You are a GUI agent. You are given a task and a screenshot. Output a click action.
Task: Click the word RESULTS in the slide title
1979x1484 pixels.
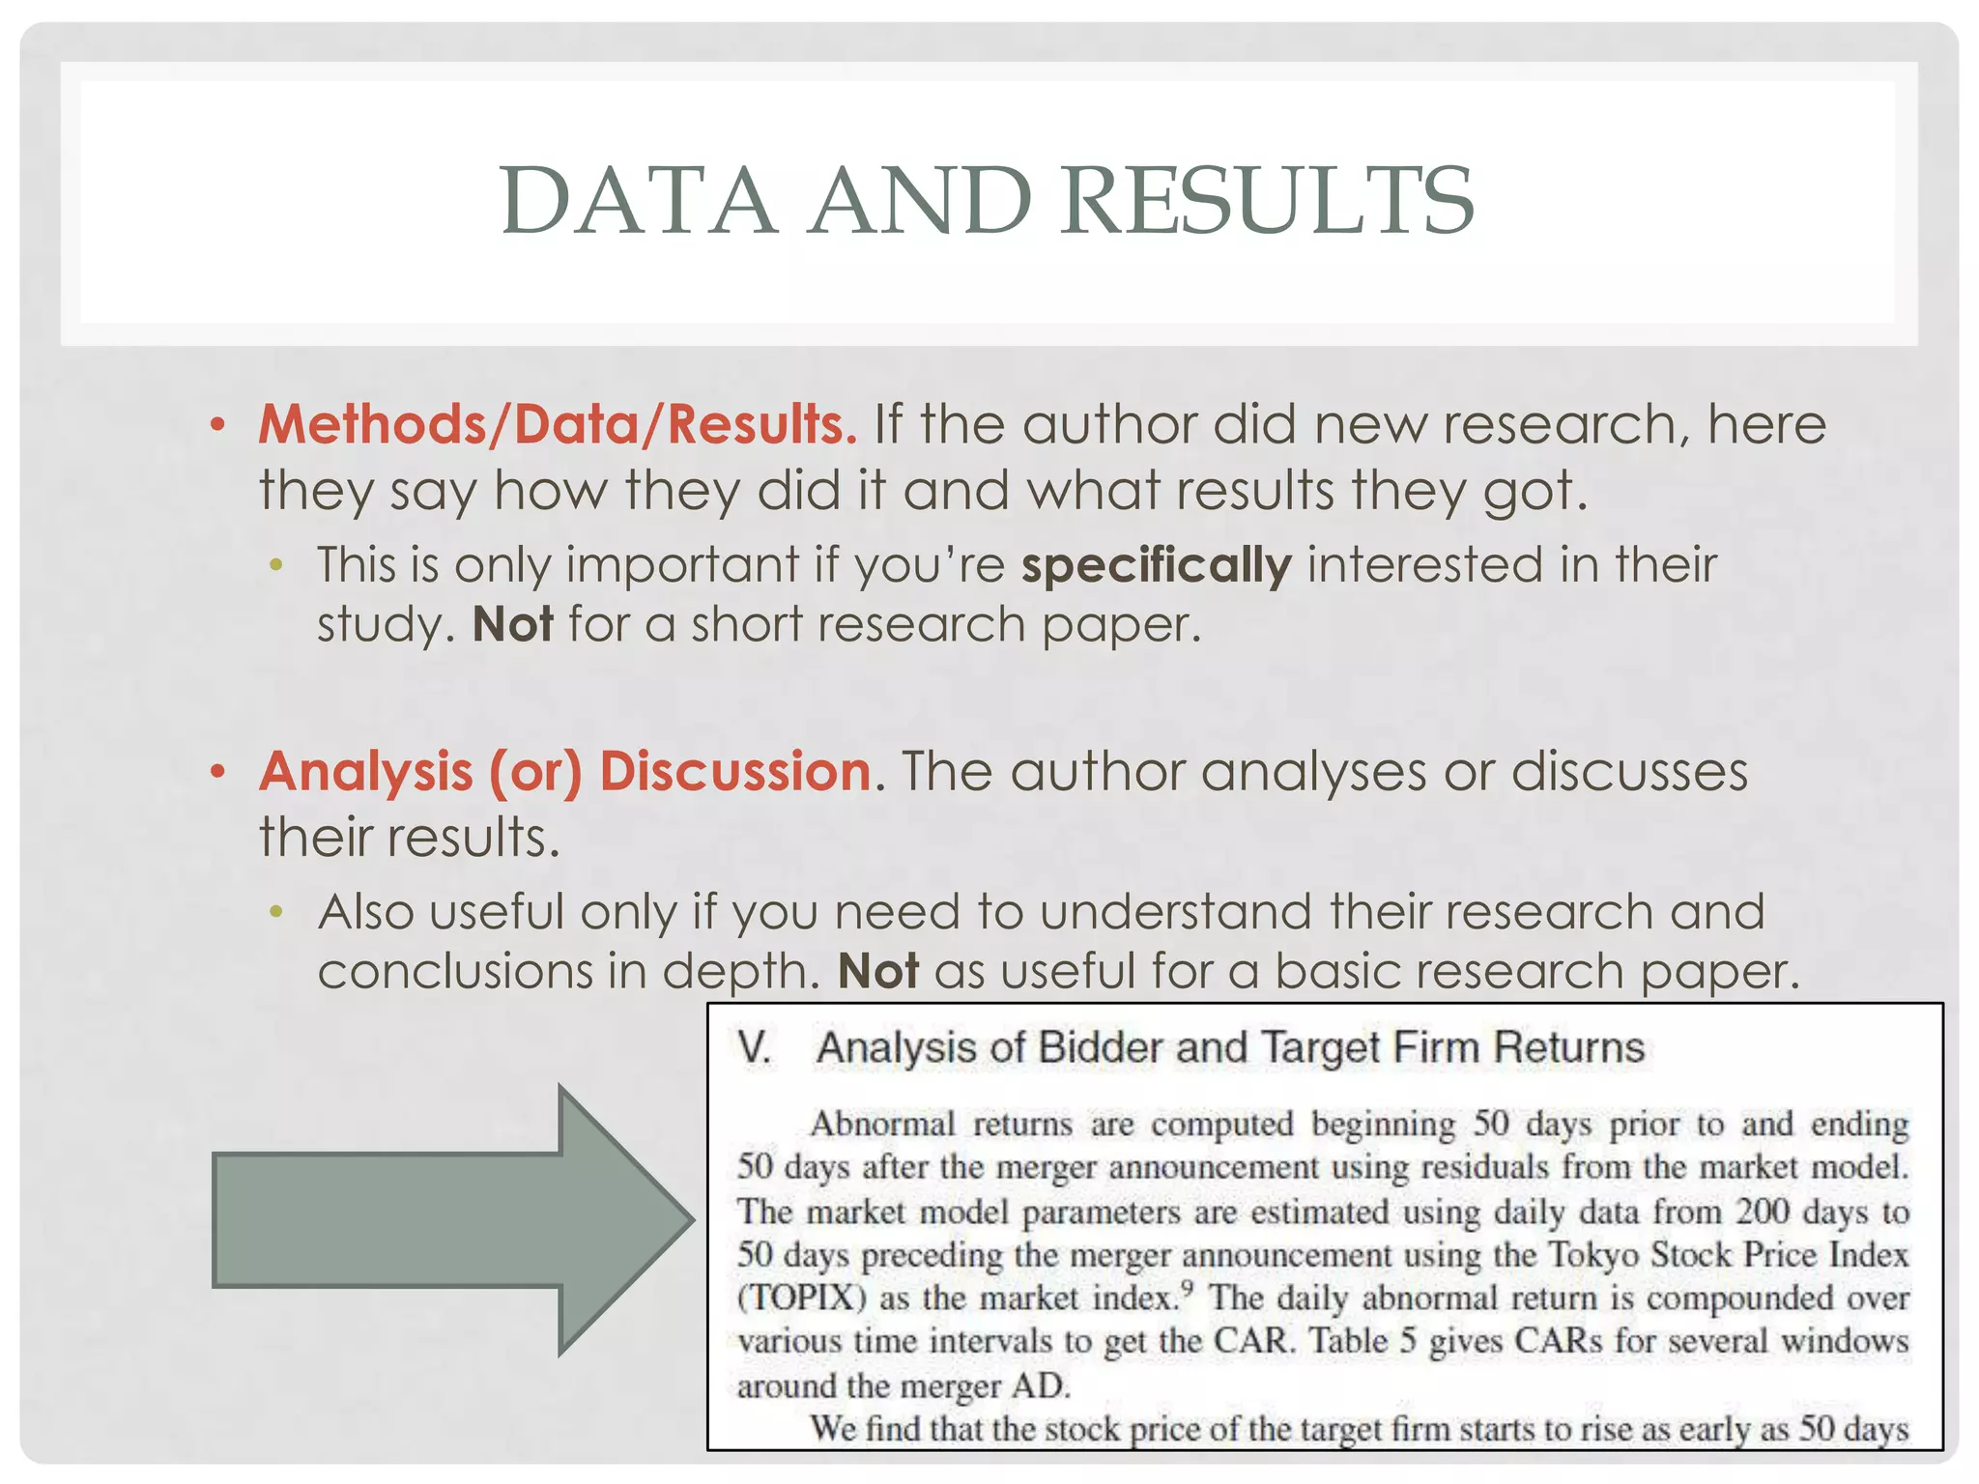tap(1268, 201)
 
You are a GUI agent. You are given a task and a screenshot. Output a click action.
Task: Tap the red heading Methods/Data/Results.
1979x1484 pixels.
tap(558, 424)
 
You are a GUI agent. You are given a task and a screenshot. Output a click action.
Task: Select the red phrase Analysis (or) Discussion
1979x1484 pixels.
tap(565, 771)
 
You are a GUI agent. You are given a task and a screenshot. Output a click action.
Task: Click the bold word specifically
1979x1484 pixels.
tap(1156, 564)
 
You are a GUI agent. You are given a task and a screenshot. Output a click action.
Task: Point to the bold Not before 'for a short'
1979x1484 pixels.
tap(512, 624)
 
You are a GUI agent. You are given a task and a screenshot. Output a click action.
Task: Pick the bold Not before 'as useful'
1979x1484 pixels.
tap(877, 971)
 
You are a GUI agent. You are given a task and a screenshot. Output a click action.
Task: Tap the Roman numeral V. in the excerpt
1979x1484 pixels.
tap(755, 1048)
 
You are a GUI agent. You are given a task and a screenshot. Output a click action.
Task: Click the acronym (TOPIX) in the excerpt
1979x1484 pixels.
tap(802, 1298)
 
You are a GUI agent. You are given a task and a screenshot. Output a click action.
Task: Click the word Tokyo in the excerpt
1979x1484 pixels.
tap(1592, 1255)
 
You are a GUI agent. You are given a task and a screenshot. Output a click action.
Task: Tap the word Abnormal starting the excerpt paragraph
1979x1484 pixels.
tap(882, 1125)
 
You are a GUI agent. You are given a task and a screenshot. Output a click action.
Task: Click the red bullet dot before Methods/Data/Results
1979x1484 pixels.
tap(218, 424)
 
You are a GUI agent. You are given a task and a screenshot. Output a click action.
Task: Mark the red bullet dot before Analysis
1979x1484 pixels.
tap(218, 771)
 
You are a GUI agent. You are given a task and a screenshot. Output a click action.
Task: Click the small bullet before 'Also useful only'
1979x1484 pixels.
tap(277, 911)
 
